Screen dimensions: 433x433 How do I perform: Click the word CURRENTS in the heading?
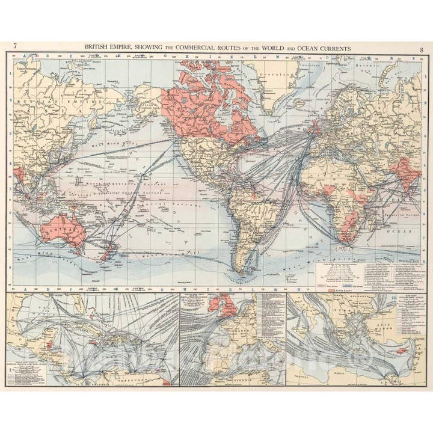[x=333, y=47]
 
